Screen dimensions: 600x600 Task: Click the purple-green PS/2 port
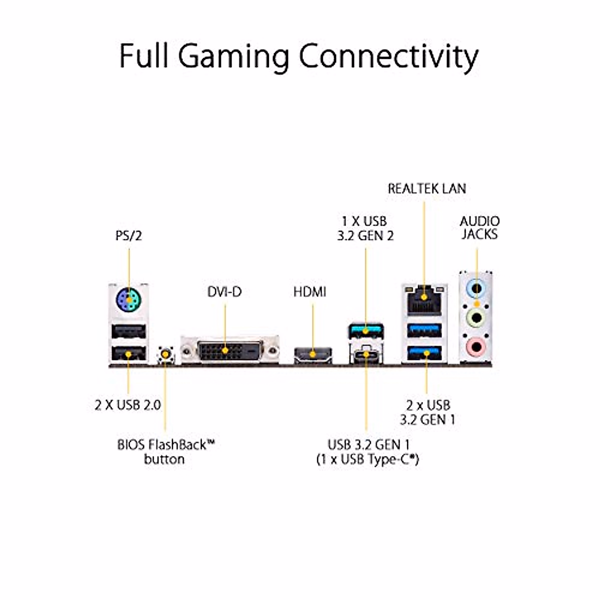point(128,301)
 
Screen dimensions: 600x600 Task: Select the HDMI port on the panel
point(313,354)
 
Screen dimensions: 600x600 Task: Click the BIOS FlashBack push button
point(165,354)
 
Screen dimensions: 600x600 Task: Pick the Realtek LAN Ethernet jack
point(424,298)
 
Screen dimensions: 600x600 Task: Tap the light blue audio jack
point(477,288)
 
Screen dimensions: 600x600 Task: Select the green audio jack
point(477,316)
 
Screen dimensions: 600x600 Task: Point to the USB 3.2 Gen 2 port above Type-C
point(366,330)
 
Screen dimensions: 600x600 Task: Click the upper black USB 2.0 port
point(128,331)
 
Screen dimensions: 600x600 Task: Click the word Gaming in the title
point(233,56)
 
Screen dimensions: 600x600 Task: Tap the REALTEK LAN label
point(426,189)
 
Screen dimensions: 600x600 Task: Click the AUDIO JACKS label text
point(479,227)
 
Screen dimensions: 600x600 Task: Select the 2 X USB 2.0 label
point(128,405)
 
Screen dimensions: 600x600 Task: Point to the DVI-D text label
point(224,291)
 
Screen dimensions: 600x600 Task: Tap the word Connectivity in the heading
point(389,56)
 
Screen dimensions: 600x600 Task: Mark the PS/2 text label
point(128,235)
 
